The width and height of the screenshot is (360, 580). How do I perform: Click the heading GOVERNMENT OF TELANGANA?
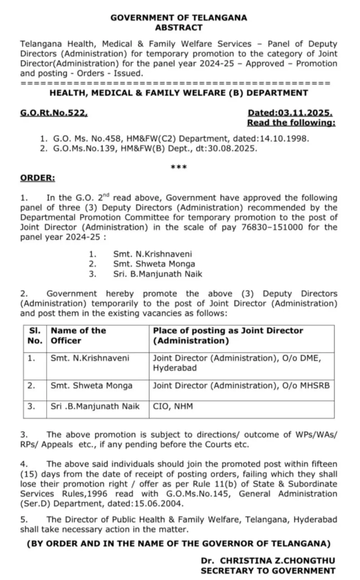pyautogui.click(x=179, y=18)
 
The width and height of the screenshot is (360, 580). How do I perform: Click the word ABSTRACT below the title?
pyautogui.click(x=179, y=27)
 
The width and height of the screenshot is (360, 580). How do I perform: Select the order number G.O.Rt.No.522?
pyautogui.click(x=53, y=113)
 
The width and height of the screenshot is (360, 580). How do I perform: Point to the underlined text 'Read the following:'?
pyautogui.click(x=291, y=123)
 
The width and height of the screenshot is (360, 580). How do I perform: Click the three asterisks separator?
pyautogui.click(x=179, y=167)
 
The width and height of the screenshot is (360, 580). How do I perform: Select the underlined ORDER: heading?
pyautogui.click(x=38, y=178)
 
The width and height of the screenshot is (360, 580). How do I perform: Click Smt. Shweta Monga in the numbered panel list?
pyautogui.click(x=154, y=264)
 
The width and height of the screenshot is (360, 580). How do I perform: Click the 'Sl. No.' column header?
pyautogui.click(x=34, y=335)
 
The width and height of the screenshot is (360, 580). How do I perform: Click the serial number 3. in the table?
pyautogui.click(x=31, y=406)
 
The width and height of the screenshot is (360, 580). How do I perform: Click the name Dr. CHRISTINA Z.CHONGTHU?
pyautogui.click(x=268, y=561)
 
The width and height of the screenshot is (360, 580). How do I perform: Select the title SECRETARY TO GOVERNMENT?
pyautogui.click(x=268, y=570)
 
